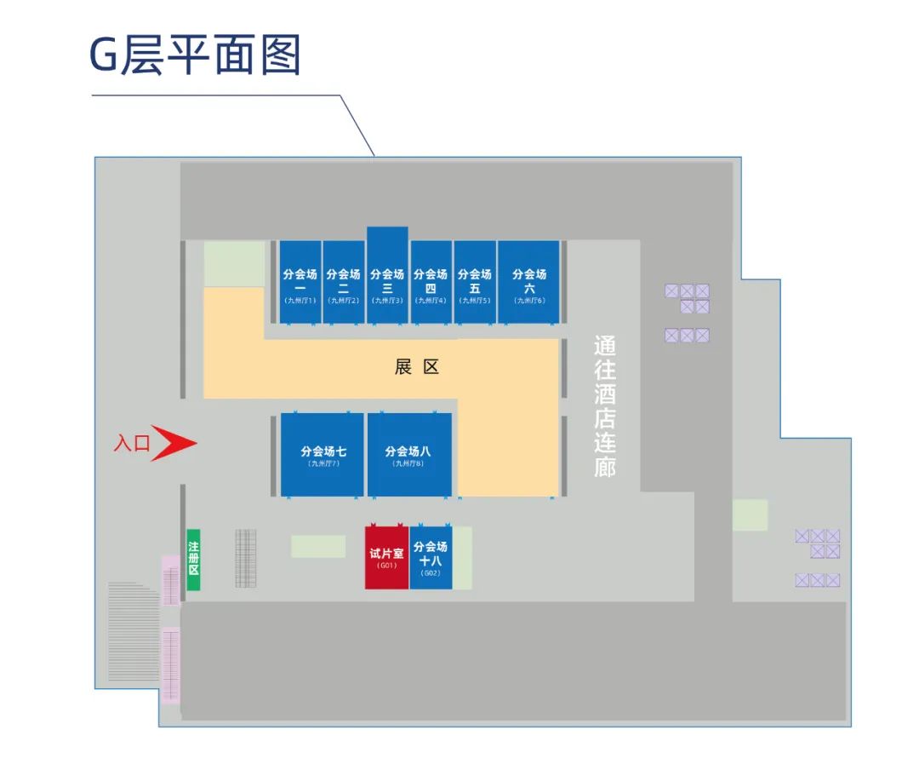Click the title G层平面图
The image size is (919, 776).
pos(196,56)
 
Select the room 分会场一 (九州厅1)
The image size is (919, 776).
pos(300,283)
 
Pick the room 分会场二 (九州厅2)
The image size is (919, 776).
pos(344,283)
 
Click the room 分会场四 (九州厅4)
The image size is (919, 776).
pos(431,283)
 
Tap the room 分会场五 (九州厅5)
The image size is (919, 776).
pos(475,283)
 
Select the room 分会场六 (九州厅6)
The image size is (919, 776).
pos(528,283)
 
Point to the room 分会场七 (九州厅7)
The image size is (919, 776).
pos(323,455)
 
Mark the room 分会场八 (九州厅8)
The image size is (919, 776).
pos(409,455)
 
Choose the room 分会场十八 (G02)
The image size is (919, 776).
pos(431,558)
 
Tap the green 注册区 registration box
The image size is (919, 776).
pos(193,560)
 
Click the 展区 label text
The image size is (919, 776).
pos(417,367)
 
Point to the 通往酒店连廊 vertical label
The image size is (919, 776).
pos(605,407)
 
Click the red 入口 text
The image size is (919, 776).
pos(132,444)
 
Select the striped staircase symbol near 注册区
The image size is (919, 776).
pos(246,559)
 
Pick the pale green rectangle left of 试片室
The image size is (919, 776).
pos(318,547)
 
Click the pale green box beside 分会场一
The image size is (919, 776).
pos(234,263)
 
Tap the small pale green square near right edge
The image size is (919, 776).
pos(750,515)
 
